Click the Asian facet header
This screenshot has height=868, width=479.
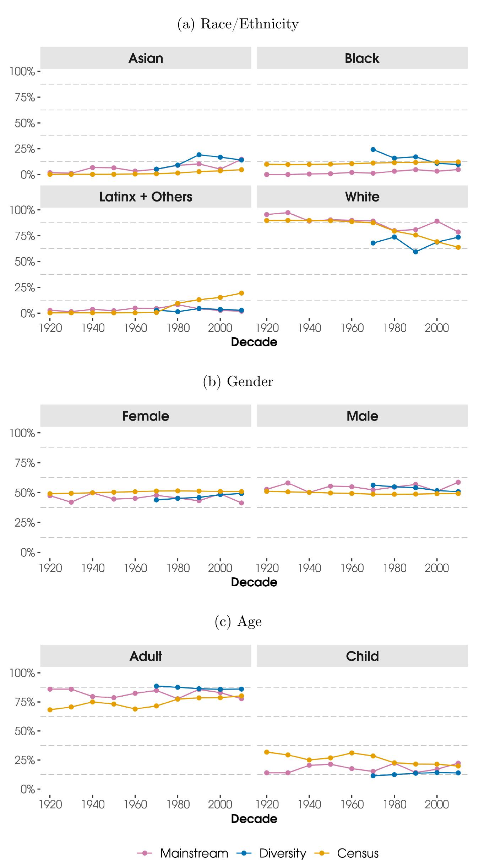point(146,58)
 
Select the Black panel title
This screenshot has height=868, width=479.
point(362,58)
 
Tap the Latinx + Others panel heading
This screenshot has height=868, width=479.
point(146,197)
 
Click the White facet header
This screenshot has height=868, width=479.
point(362,197)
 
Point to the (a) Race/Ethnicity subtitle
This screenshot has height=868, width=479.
point(238,24)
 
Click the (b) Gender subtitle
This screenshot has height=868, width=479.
point(238,381)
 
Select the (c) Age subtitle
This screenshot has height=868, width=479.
point(238,622)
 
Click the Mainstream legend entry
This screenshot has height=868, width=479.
point(183,853)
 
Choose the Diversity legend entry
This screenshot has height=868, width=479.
point(272,853)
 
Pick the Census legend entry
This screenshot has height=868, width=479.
point(347,853)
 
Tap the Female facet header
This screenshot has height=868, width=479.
point(146,416)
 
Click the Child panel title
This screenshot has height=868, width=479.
point(362,656)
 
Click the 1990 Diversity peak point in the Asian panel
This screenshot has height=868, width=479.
point(199,155)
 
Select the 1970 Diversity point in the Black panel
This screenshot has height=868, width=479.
point(373,149)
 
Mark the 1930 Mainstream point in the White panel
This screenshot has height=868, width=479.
point(288,213)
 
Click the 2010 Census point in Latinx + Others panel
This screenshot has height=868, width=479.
point(241,293)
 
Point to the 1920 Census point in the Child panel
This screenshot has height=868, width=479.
point(267,752)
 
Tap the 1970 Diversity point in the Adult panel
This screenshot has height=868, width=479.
point(156,686)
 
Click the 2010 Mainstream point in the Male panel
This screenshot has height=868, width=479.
point(458,482)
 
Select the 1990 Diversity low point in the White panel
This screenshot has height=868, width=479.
point(415,252)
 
